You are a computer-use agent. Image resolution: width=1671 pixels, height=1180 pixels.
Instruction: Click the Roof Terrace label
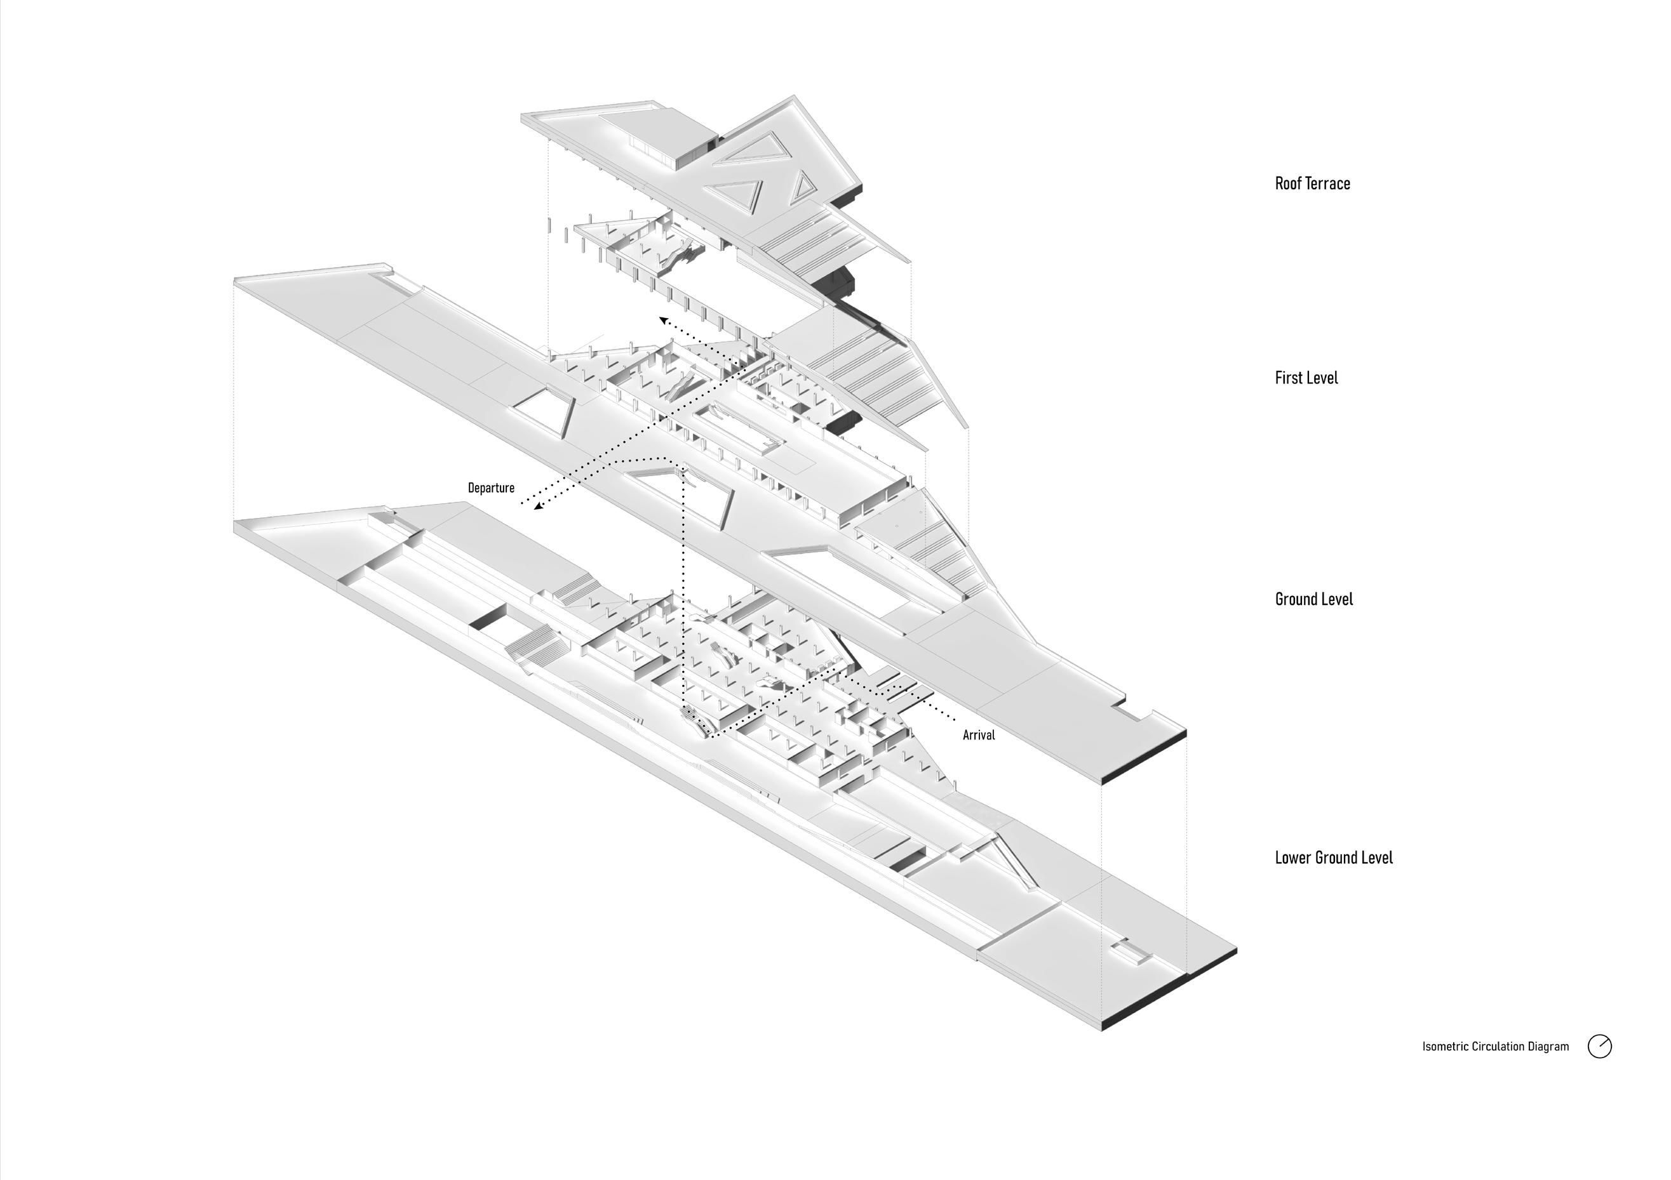click(x=1312, y=183)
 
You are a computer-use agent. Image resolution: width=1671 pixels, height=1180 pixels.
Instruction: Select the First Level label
click(x=1306, y=378)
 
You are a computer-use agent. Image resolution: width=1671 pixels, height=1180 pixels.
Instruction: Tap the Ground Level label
click(x=1313, y=599)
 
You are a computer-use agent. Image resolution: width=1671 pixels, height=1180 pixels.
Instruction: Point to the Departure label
click(x=490, y=488)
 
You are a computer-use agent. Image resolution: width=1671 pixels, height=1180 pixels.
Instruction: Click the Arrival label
click(x=978, y=735)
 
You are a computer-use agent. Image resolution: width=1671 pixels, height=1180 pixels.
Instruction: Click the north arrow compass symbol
click(x=1600, y=1046)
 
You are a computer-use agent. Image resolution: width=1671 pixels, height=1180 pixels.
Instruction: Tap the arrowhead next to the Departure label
click(x=537, y=507)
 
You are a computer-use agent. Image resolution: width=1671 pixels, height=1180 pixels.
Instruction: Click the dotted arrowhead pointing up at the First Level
click(x=663, y=319)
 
